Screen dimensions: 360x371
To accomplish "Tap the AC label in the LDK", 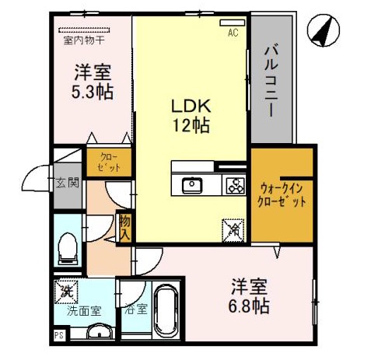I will point(232,33).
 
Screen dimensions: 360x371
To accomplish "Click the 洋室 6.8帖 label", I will point(249,295).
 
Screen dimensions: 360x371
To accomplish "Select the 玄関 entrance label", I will point(67,184).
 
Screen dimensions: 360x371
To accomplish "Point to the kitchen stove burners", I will point(234,185).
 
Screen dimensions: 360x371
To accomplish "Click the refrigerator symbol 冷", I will point(233,229).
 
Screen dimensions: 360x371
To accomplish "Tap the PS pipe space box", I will point(58,336).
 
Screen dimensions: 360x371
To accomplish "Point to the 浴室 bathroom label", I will point(135,309).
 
